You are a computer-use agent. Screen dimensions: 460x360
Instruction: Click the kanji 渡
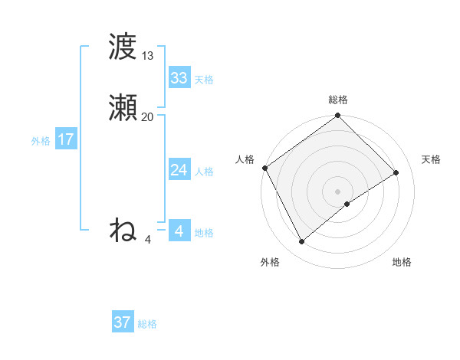point(123,47)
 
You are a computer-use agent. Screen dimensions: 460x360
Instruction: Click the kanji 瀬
point(123,108)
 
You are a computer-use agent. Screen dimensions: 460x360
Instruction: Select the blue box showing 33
point(179,78)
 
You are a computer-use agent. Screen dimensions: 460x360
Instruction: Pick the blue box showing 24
point(179,170)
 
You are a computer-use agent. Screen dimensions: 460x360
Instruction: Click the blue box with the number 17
point(66,139)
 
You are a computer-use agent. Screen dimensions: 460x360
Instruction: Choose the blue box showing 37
point(123,322)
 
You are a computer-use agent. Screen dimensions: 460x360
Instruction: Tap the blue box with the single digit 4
point(179,231)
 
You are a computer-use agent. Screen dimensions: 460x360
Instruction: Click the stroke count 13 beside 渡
point(147,56)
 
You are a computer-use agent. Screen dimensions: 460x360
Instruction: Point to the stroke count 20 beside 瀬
point(147,117)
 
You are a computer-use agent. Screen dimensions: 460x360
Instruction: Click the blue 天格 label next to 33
point(204,80)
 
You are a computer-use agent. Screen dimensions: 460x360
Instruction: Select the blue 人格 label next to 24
point(204,172)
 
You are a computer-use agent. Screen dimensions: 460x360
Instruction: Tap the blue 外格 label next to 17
point(41,141)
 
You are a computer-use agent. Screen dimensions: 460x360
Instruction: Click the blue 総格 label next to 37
point(147,324)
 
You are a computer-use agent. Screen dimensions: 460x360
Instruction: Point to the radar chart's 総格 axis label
point(338,100)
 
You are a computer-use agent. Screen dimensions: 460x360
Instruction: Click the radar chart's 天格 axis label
point(431,159)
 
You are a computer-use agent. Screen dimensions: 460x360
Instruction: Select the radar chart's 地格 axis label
point(402,262)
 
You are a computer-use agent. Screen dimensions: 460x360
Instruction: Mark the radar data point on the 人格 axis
point(265,168)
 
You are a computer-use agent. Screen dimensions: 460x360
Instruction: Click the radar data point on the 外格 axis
point(302,242)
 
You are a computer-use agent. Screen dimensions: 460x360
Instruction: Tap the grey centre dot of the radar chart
point(338,191)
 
